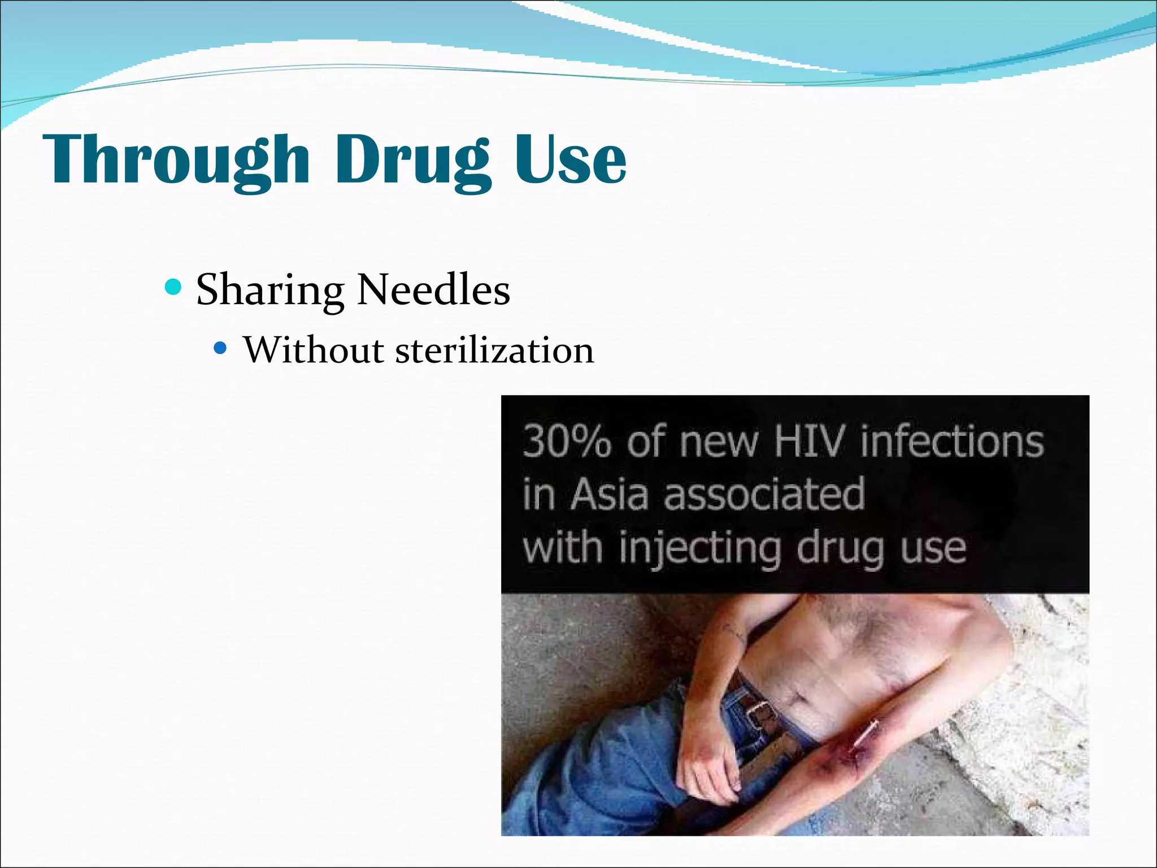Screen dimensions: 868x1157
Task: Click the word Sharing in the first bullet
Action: pos(270,290)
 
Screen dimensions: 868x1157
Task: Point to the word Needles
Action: pos(433,289)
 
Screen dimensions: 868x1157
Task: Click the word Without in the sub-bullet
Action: pos(314,350)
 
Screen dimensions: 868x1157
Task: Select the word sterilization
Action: pos(494,350)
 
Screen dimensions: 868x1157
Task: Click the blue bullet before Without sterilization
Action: pos(220,348)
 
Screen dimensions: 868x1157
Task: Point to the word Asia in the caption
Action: pos(608,494)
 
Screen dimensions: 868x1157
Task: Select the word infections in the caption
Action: pos(952,441)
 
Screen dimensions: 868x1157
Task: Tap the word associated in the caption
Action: pos(764,494)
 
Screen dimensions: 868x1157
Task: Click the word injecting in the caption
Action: pos(701,548)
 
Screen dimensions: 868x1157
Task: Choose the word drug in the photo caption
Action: pos(840,548)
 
